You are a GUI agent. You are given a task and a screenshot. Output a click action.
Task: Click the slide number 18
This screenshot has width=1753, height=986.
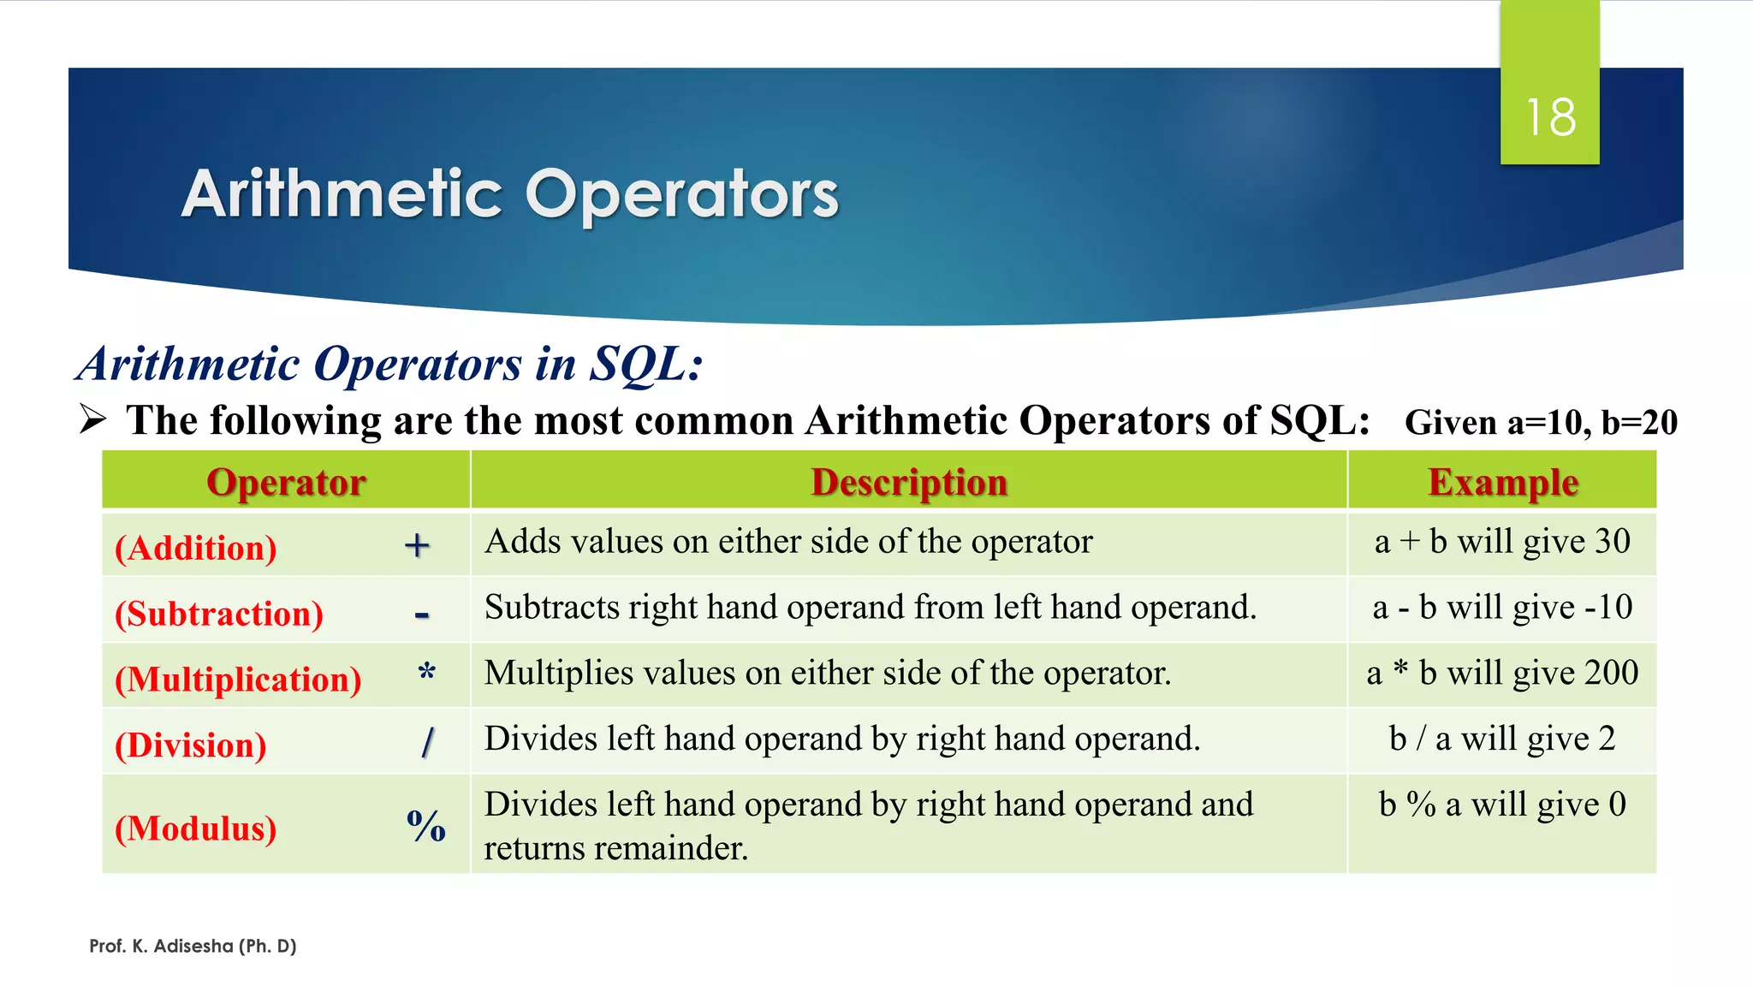point(1550,117)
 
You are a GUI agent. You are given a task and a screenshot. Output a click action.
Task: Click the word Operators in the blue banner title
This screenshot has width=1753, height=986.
point(681,194)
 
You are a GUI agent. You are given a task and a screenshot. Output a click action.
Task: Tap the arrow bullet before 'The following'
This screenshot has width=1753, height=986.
point(92,419)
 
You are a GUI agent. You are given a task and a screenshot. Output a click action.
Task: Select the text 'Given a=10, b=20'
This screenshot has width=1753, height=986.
point(1541,423)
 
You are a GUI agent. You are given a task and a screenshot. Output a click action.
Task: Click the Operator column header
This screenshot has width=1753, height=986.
point(286,482)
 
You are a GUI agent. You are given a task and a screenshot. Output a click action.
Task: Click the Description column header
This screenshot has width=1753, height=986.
point(909,482)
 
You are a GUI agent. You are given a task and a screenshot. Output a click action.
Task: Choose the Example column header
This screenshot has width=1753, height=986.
point(1503,482)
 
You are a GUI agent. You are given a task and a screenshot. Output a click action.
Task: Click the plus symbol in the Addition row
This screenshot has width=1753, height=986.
point(417,545)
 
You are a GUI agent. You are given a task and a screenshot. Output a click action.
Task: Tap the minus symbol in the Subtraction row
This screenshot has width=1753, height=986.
point(421,615)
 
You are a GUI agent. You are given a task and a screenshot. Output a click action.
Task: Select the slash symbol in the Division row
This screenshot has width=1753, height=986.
point(428,742)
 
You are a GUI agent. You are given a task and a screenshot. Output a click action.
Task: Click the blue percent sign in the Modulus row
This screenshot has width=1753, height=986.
point(425,826)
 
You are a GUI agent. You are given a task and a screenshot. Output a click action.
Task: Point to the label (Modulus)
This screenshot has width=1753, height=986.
point(196,829)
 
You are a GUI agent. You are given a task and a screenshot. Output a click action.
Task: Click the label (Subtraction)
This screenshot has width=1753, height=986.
point(219,614)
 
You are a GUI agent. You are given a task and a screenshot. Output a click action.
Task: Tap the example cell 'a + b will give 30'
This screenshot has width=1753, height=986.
point(1502,542)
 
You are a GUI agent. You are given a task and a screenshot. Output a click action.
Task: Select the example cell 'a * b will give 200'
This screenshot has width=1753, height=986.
point(1502,673)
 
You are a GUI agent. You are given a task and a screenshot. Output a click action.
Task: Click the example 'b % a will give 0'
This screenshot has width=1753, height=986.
point(1502,805)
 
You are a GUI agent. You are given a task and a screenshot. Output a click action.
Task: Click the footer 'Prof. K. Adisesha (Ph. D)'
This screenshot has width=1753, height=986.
point(193,946)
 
